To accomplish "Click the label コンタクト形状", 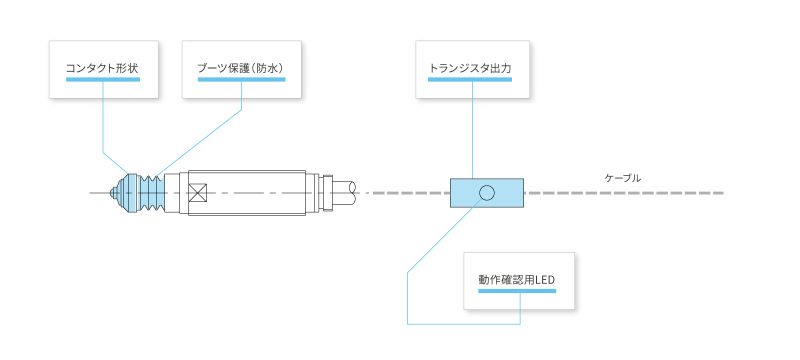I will (102, 68).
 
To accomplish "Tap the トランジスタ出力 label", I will (470, 68).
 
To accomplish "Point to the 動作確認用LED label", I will (516, 280).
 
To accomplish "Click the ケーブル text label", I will (622, 178).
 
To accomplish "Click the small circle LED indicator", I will (486, 192).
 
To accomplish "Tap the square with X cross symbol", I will (197, 193).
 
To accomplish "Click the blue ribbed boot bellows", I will (151, 193).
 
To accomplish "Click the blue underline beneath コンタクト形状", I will (103, 79).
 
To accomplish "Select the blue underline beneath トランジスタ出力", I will (470, 79).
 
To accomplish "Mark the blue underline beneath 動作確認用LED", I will (517, 291).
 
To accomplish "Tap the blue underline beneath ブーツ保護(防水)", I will (241, 79).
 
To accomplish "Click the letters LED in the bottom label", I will (545, 280).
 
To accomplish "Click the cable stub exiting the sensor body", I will (343, 193).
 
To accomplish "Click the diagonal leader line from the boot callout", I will (200, 142).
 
